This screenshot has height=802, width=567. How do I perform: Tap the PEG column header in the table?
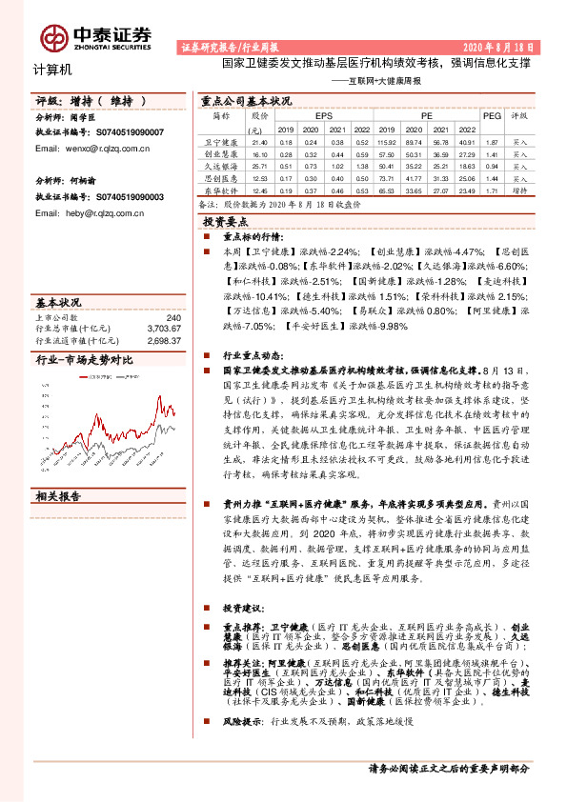point(492,115)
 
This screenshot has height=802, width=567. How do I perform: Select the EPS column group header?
point(321,115)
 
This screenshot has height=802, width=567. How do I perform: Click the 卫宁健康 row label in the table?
point(221,140)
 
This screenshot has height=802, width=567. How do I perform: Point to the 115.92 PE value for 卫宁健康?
point(387,140)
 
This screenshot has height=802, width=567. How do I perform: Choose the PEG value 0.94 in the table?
point(492,164)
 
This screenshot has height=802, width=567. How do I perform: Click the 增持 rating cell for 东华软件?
point(519,189)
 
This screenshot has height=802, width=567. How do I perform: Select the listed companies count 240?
point(172,317)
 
